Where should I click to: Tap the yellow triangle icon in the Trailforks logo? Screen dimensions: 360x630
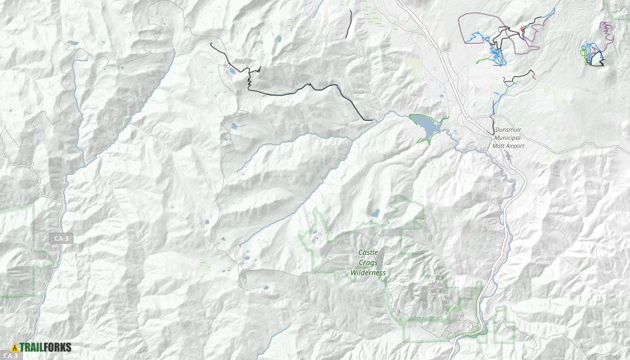14,347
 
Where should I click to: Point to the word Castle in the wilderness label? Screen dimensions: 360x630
368,253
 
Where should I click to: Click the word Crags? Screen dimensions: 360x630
368,263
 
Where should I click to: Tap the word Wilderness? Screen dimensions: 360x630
368,273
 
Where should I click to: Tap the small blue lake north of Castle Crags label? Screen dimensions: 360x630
376,213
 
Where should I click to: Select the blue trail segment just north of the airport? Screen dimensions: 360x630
494,104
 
